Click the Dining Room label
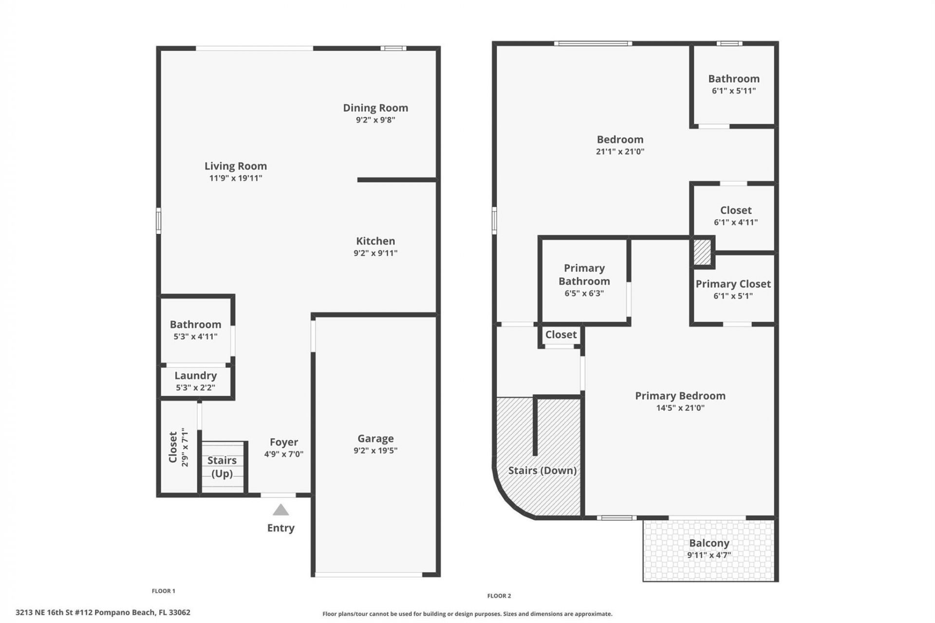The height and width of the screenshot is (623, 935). (375, 108)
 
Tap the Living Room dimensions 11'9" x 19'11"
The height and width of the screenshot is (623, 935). (236, 178)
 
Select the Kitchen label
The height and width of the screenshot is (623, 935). (375, 241)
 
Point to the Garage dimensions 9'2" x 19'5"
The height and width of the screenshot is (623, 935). (375, 451)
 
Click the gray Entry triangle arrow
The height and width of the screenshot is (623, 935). (280, 510)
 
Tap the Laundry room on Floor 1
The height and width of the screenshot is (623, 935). (195, 381)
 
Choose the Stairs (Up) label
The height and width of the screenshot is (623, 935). (222, 467)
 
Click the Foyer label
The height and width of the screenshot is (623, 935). (283, 442)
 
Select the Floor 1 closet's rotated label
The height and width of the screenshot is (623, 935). (173, 447)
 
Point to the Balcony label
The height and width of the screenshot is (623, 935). (709, 543)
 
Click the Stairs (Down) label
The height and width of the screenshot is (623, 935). (542, 470)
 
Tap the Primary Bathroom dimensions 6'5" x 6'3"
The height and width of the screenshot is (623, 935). (584, 293)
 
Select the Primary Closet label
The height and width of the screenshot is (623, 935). (733, 284)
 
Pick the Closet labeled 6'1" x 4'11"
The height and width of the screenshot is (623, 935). (735, 216)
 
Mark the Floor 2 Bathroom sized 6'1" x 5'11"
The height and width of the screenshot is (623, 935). (733, 84)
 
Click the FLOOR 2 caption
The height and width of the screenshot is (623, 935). (499, 596)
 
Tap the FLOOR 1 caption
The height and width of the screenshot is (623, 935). (163, 591)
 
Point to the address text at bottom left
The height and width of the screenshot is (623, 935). (103, 612)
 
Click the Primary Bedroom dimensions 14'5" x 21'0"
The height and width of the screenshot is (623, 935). (680, 408)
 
